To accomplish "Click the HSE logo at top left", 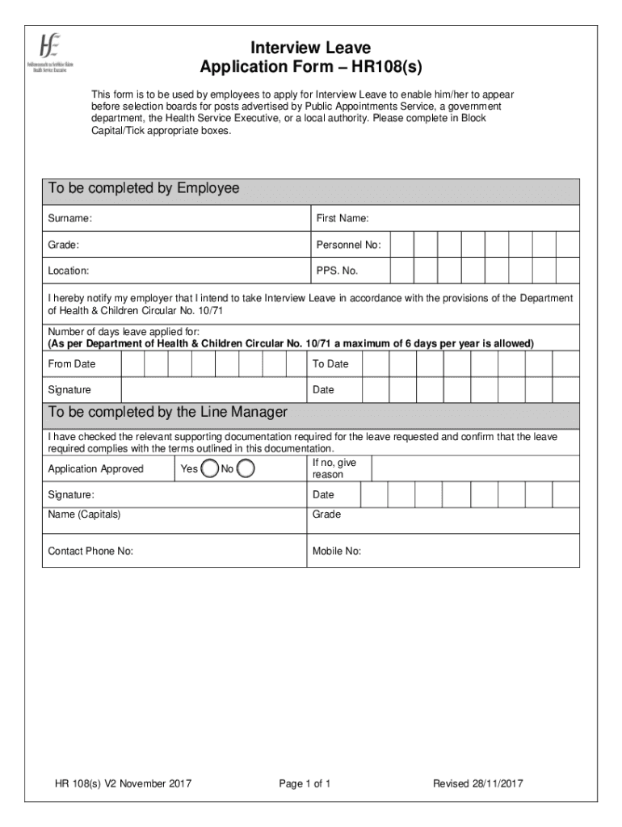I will [x=49, y=54].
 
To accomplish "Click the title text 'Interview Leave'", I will [x=310, y=48].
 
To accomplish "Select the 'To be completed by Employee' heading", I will [x=144, y=189].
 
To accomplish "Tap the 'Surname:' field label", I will [x=69, y=219].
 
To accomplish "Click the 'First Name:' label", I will [x=343, y=219].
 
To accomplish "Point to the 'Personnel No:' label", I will [x=348, y=245].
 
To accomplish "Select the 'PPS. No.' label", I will [x=337, y=271].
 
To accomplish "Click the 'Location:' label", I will [x=69, y=271].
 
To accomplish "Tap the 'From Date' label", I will [x=72, y=364].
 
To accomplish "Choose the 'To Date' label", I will [x=330, y=364].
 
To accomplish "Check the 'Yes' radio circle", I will [x=209, y=468].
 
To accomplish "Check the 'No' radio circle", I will [x=246, y=468].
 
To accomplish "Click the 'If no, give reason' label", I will [x=334, y=468].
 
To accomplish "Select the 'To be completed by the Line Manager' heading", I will [x=167, y=413].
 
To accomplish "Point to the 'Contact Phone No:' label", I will [x=90, y=552].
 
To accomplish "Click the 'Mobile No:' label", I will [x=337, y=552].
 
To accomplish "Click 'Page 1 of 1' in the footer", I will [x=305, y=783].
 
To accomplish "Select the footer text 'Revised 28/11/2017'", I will [x=477, y=783].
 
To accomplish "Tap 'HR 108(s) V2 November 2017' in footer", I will [x=123, y=783].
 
